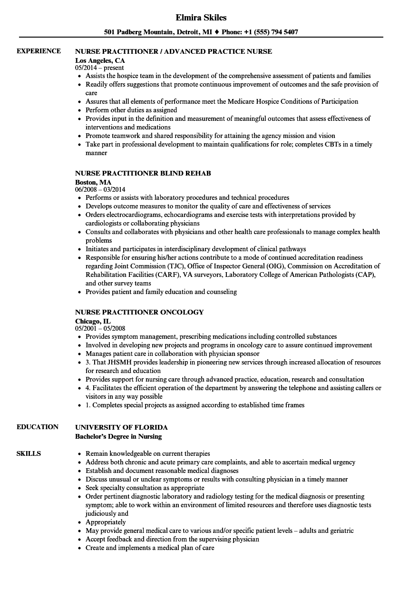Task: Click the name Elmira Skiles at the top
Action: tap(201, 18)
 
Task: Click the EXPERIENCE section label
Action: tap(39, 51)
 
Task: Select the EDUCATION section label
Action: tap(38, 427)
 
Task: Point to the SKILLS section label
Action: tap(29, 453)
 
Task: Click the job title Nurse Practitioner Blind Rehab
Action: tap(143, 173)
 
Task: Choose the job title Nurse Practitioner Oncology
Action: tap(139, 312)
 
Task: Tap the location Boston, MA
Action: tap(93, 182)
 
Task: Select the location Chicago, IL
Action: tap(93, 321)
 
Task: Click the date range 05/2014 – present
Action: tap(99, 68)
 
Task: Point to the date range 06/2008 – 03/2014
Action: tap(102, 189)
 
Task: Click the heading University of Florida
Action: tap(121, 427)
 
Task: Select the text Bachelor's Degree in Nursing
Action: tap(118, 436)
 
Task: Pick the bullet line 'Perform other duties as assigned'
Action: tap(131, 110)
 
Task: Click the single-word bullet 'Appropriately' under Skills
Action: tap(106, 522)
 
